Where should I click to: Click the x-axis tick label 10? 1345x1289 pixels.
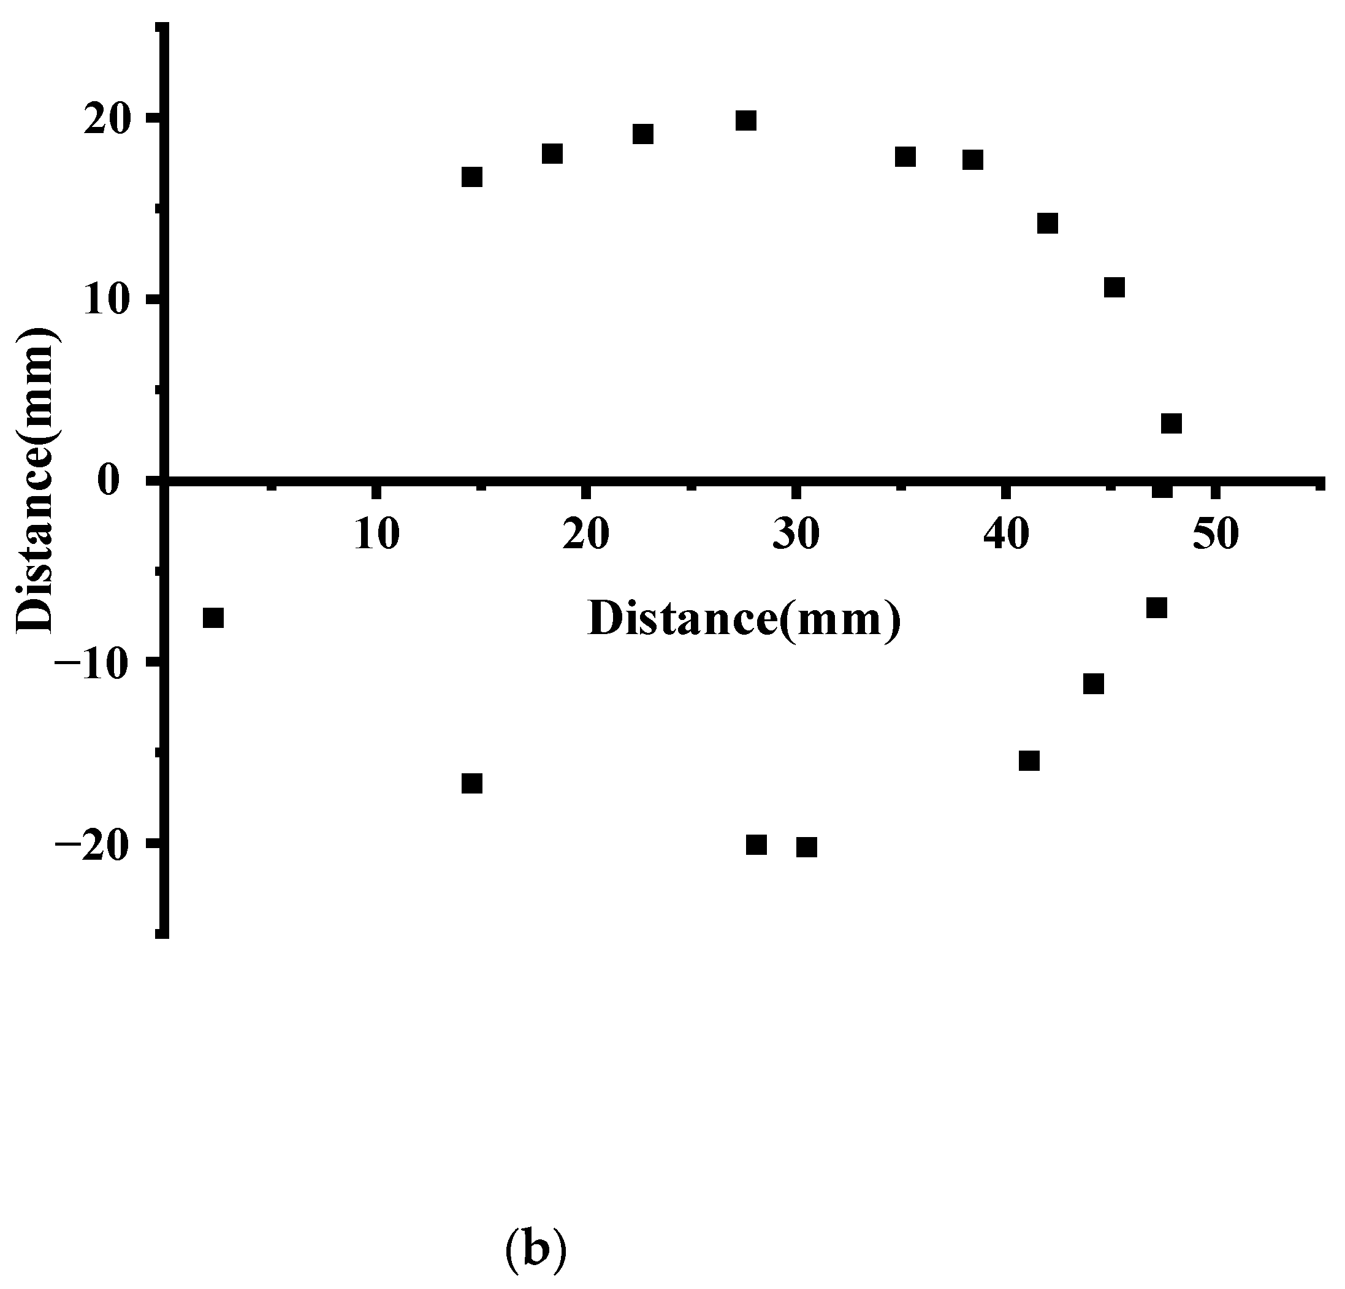point(377,535)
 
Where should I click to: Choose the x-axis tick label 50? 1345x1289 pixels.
point(1215,535)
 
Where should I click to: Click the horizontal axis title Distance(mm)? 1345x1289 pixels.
point(744,619)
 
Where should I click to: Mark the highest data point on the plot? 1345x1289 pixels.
point(746,121)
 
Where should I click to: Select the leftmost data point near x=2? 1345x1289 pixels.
point(213,618)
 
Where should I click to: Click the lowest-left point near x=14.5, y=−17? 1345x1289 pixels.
point(472,784)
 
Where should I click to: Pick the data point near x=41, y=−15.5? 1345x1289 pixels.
point(1029,760)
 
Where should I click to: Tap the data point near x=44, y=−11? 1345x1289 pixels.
point(1094,684)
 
